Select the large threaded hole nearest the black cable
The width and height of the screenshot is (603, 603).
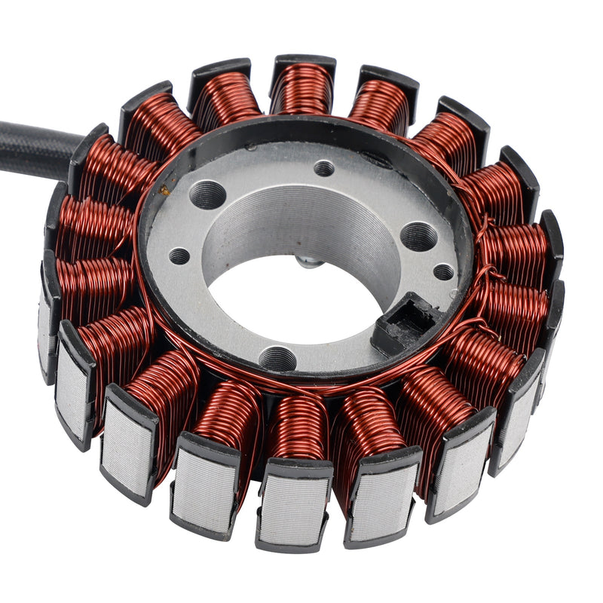tap(207, 195)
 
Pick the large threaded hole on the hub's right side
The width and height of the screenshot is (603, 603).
tap(418, 236)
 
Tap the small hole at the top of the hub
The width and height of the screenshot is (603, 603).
tap(324, 167)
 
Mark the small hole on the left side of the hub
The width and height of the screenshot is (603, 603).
tap(179, 256)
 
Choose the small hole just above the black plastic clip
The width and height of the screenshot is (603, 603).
tap(443, 272)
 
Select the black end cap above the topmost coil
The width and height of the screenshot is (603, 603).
tap(303, 62)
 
